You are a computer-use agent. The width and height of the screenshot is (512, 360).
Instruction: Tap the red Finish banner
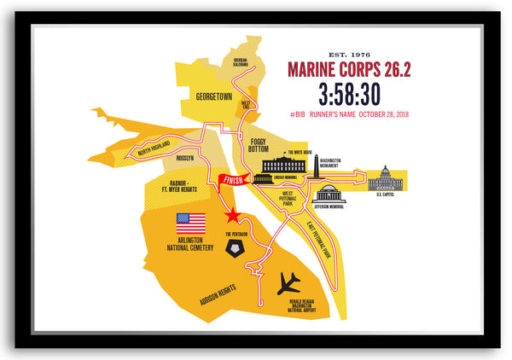(x=233, y=179)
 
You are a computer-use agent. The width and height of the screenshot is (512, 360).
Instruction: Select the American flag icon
(x=191, y=223)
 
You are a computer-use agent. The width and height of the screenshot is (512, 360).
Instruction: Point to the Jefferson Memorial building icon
(x=328, y=194)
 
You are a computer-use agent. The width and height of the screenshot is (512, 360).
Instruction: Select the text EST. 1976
(x=348, y=53)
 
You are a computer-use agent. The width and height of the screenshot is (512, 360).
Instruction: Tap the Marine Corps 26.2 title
(x=348, y=69)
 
